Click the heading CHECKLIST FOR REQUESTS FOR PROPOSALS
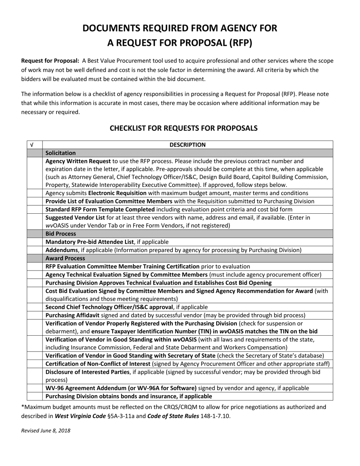pyautogui.click(x=183, y=128)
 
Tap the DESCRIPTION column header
pyautogui.click(x=188, y=145)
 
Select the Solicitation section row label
pyautogui.click(x=60, y=153)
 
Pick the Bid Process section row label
pyautogui.click(x=61, y=234)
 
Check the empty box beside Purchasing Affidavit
pyautogui.click(x=34, y=315)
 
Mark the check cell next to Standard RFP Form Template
pyautogui.click(x=34, y=210)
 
